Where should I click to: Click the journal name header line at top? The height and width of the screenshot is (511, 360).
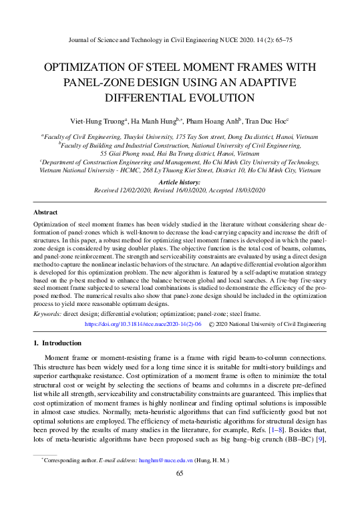[x=180, y=39]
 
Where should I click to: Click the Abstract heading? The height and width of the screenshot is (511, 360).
[x=47, y=212]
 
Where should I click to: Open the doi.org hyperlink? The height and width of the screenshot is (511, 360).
[x=143, y=323]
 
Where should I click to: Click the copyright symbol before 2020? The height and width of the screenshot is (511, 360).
[x=212, y=323]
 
